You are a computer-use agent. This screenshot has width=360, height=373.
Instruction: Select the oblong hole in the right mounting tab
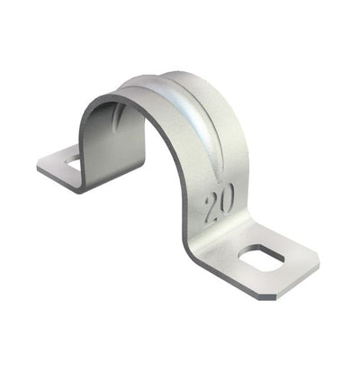(262, 258)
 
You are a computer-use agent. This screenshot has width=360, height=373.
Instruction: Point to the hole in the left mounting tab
(73, 163)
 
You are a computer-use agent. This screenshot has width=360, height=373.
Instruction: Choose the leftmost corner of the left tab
(38, 167)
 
